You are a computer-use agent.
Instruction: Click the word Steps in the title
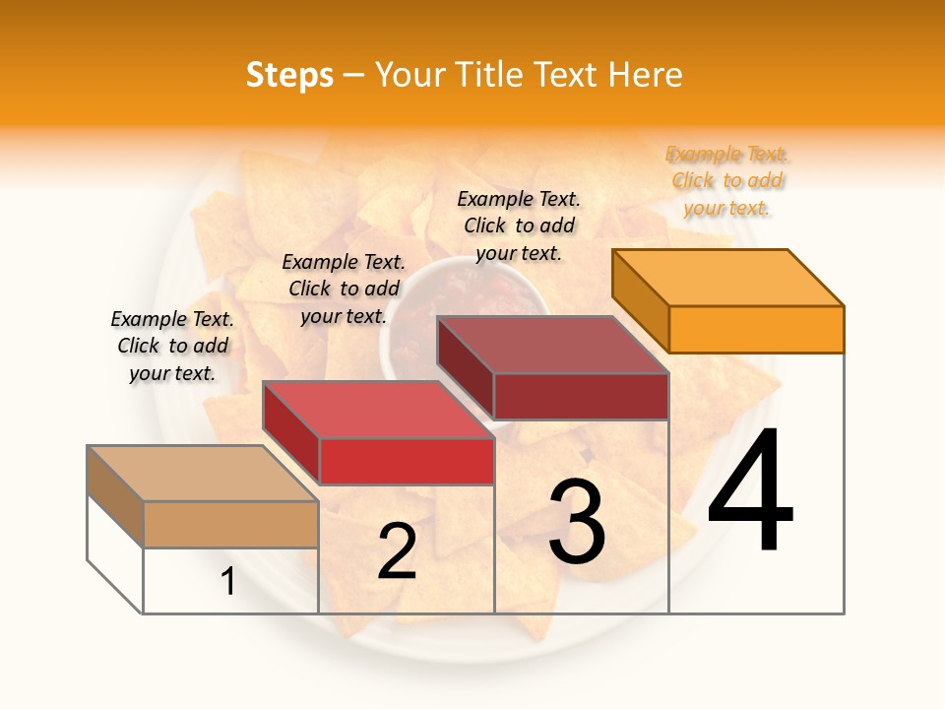tap(289, 76)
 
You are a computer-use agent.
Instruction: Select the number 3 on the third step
tap(576, 523)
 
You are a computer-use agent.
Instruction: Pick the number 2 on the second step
tap(398, 552)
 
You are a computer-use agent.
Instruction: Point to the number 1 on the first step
tap(228, 582)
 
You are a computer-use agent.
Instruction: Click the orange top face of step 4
tap(728, 278)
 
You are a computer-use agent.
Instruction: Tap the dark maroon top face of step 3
tap(552, 345)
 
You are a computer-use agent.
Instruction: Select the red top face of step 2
tap(378, 410)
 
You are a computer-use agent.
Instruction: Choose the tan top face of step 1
tap(203, 474)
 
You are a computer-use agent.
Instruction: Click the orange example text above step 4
tap(727, 181)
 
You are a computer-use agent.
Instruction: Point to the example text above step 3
tap(519, 226)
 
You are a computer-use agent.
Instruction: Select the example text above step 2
tap(344, 290)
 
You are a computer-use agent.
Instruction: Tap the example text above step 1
tap(172, 347)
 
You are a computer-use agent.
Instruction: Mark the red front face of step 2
tap(407, 461)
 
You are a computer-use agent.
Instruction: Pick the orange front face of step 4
tap(756, 329)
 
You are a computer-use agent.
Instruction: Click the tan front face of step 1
tap(230, 524)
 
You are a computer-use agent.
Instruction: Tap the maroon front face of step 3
tap(581, 396)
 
